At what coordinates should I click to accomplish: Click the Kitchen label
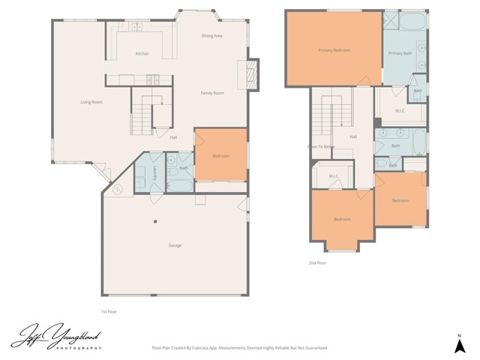pos(142,54)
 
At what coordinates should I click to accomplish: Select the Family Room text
pos(212,93)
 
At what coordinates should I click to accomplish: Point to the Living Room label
pos(91,102)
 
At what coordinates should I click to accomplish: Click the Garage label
pos(174,245)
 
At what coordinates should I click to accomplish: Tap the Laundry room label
pos(154,172)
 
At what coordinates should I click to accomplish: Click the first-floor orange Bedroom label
pos(220,156)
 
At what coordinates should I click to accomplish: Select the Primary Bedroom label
pos(334,50)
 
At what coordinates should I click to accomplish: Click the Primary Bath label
pos(400,53)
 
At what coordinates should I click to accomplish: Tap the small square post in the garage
pos(154,220)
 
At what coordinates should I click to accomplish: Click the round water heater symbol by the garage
pos(117,190)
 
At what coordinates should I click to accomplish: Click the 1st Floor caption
pos(109,311)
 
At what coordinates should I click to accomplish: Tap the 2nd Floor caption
pos(317,263)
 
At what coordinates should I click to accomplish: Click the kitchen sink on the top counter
pos(136,28)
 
